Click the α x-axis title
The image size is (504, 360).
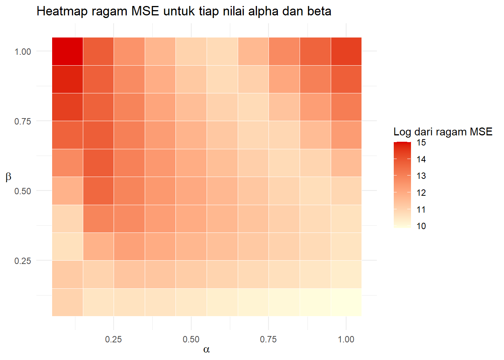point(207,349)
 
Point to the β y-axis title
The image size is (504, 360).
point(9,177)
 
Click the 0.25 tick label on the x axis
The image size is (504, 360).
point(113,339)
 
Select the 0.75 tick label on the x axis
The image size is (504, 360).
point(268,339)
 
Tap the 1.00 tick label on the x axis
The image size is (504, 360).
point(346,339)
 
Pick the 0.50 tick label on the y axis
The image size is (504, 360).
point(22,191)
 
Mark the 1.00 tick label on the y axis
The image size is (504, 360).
point(22,52)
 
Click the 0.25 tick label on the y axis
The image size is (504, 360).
point(22,261)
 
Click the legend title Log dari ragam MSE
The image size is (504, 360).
point(442,132)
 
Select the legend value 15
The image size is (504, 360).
point(421,142)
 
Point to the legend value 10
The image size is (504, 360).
point(421,226)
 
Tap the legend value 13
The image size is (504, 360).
point(421,176)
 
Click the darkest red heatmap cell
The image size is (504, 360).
point(67,51)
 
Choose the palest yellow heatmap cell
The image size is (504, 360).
point(346,302)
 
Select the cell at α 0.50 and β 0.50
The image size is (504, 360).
point(191,191)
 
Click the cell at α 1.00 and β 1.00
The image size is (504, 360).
point(346,51)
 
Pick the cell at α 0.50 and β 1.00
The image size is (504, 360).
point(191,51)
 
